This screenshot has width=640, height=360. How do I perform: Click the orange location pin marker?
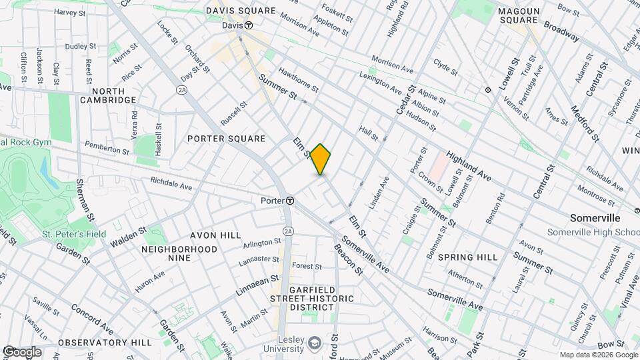[321, 159]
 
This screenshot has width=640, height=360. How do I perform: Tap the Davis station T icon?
[249, 25]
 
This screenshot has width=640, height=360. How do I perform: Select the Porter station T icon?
[291, 201]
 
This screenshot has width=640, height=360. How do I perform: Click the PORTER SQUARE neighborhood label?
[227, 139]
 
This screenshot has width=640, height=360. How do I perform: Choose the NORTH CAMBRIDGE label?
[108, 95]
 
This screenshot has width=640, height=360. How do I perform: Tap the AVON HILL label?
[215, 235]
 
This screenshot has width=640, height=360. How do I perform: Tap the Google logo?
[21, 352]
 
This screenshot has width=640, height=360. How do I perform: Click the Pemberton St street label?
[107, 147]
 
